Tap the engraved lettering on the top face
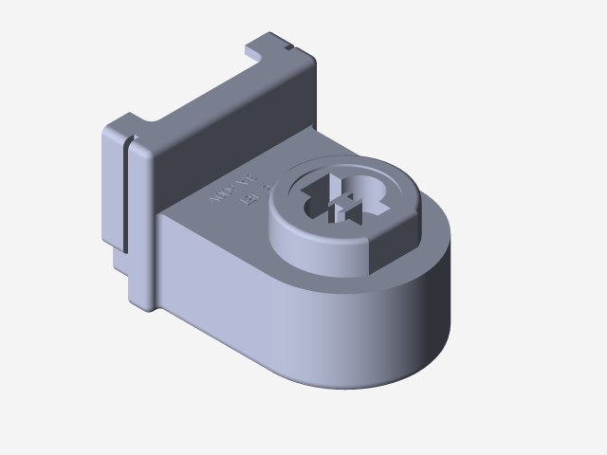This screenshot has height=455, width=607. click(x=233, y=190)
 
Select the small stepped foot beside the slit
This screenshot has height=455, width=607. click(x=121, y=260)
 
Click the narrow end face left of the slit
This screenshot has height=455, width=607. click(x=112, y=190)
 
